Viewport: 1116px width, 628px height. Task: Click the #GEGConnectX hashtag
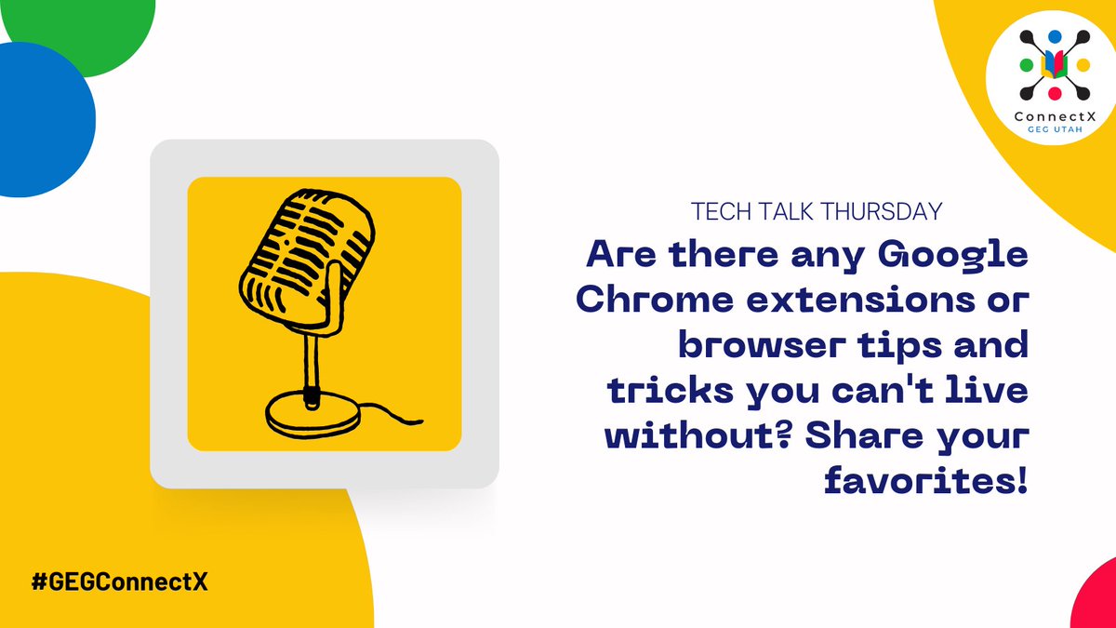pos(118,582)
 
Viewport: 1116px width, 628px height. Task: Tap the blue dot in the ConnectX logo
pos(1053,36)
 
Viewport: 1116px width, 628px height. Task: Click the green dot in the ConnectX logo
pos(1027,64)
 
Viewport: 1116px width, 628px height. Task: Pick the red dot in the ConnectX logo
pos(1054,93)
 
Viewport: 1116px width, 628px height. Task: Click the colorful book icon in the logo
pos(1053,64)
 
